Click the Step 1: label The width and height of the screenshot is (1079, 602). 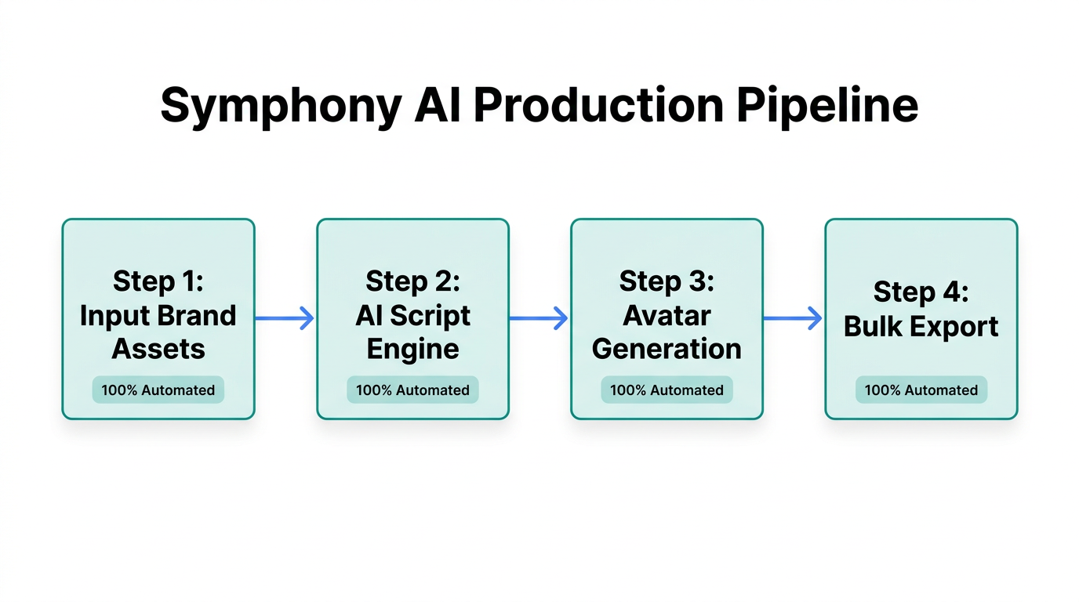(x=158, y=281)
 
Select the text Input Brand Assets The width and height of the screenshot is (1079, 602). (x=158, y=332)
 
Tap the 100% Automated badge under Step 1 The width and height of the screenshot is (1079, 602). (x=158, y=390)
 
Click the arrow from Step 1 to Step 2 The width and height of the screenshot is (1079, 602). (x=285, y=317)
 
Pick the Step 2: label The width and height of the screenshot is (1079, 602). (x=412, y=281)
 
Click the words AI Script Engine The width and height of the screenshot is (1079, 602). (x=412, y=332)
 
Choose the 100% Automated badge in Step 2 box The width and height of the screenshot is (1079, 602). (x=412, y=390)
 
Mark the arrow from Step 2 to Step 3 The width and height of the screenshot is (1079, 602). (x=539, y=317)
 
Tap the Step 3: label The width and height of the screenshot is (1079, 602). (x=667, y=281)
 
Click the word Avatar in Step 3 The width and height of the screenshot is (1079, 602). (x=667, y=315)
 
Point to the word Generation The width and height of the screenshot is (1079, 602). (x=667, y=349)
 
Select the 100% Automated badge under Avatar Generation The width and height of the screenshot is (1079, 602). (x=667, y=390)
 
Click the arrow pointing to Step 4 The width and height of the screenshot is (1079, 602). (x=793, y=317)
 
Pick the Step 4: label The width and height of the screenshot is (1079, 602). (x=921, y=292)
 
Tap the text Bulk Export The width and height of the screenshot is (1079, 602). (x=921, y=326)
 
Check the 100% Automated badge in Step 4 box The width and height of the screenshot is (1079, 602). (x=921, y=390)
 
